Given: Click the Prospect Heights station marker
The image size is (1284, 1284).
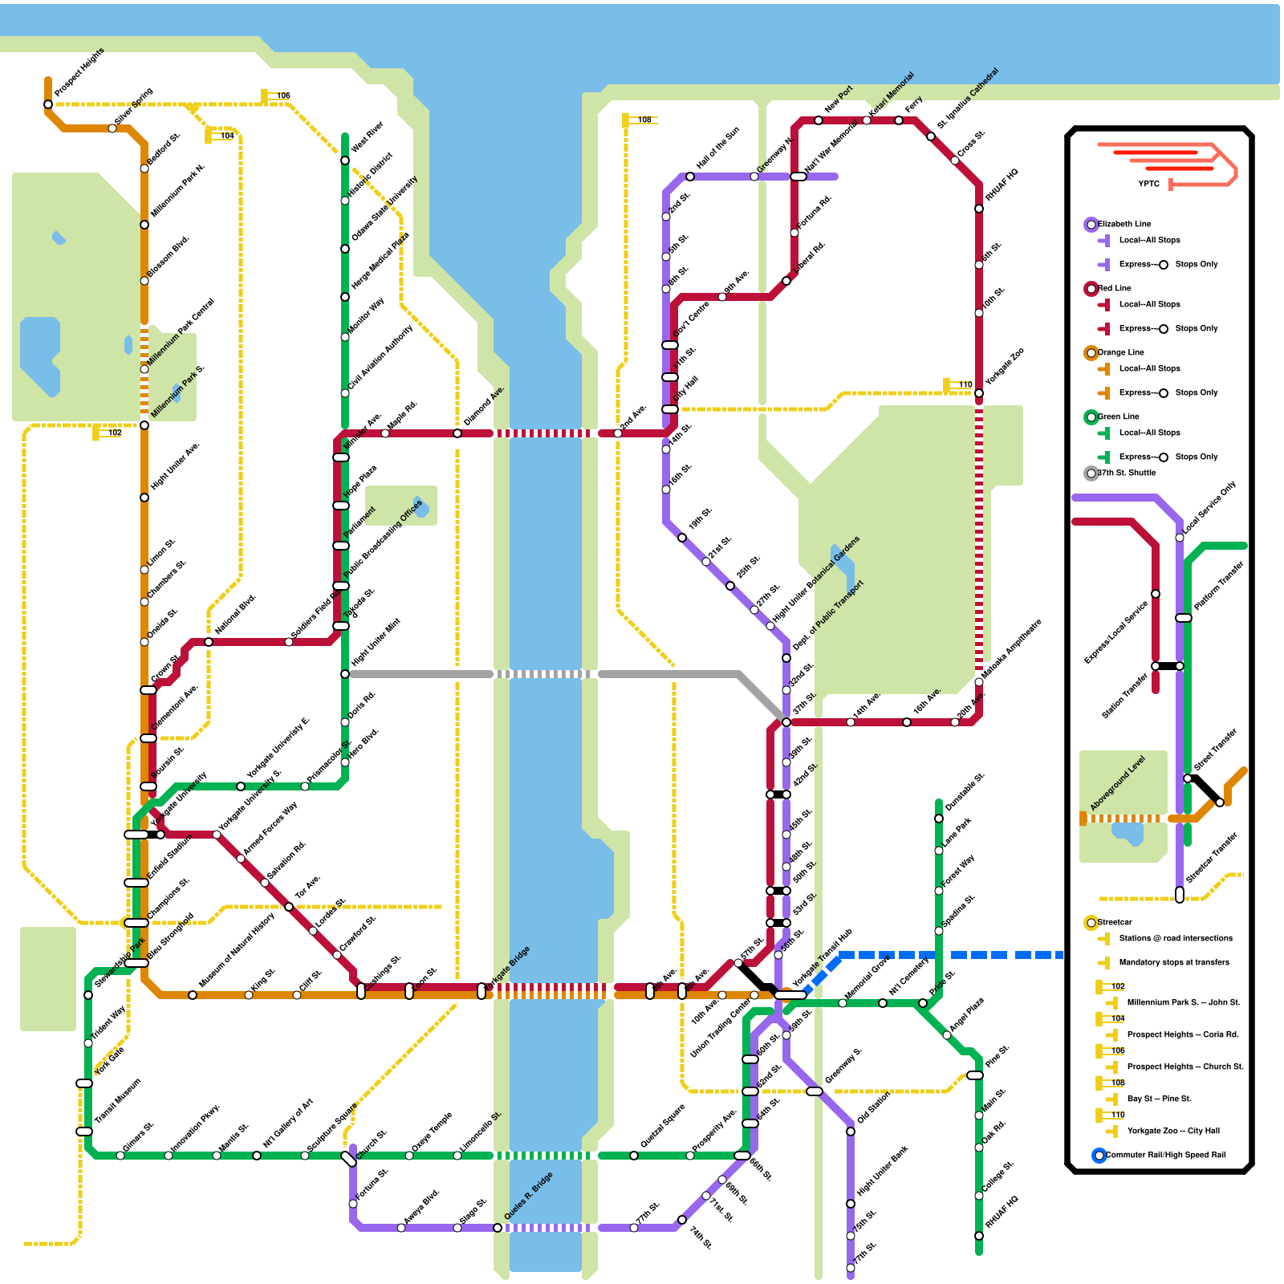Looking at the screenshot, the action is coord(48,104).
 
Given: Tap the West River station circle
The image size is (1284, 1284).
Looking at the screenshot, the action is coord(345,160).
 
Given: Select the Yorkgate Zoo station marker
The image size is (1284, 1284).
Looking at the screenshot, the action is coord(979,393).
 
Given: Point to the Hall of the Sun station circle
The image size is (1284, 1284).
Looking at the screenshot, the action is coord(690,177).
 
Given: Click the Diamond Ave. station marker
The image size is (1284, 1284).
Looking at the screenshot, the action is coord(457,433).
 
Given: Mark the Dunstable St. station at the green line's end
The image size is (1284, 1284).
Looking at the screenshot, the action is coord(939,819).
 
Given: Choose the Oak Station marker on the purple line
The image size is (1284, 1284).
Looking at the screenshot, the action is coord(851,1132).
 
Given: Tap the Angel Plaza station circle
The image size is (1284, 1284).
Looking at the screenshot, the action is coord(947,1035).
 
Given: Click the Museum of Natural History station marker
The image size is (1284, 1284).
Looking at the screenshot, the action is coord(193,995).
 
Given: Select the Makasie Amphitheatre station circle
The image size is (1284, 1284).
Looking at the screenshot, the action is coord(979,682).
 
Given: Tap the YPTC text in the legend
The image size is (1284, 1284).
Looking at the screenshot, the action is coord(1148,185).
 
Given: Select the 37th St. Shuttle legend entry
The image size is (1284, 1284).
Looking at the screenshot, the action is coord(1127,473).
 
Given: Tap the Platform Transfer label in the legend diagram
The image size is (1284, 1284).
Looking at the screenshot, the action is coord(1218,586).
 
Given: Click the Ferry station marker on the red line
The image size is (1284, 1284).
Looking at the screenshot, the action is coord(899,120).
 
